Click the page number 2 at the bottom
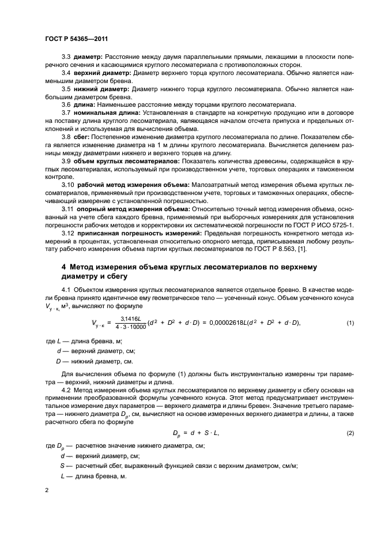[47, 489]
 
